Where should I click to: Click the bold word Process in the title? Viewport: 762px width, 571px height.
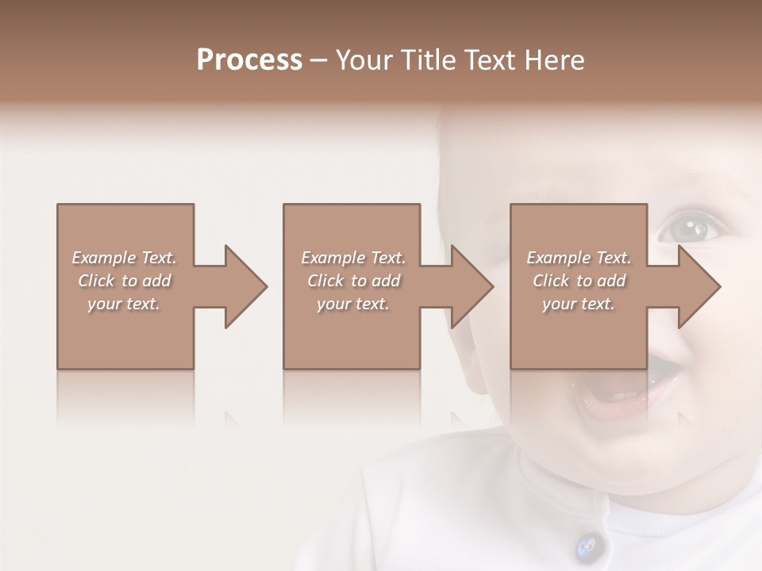coord(249,60)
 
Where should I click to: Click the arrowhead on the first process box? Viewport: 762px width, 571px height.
coord(242,286)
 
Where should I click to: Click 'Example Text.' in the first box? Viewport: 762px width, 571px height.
coord(124,258)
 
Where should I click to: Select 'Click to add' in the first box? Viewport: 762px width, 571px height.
coord(124,281)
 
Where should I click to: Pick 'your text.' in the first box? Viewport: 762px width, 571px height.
coord(124,304)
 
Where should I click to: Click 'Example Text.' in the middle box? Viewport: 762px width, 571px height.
coord(352,258)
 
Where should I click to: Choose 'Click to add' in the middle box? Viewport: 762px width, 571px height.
coord(352,281)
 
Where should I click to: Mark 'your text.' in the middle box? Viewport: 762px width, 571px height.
coord(352,304)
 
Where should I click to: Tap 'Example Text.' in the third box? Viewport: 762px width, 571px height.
coord(579,258)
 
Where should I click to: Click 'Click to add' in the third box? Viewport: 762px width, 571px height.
coord(579,281)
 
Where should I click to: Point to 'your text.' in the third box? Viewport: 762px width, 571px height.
coord(579,304)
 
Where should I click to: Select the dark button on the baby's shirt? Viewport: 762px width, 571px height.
coord(588,544)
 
